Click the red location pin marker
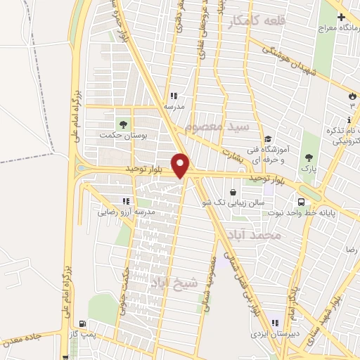pos(181,165)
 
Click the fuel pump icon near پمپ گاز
pos(85,324)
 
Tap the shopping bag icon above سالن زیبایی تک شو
pos(233,191)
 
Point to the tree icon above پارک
pos(307,157)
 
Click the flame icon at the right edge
pos(351,96)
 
